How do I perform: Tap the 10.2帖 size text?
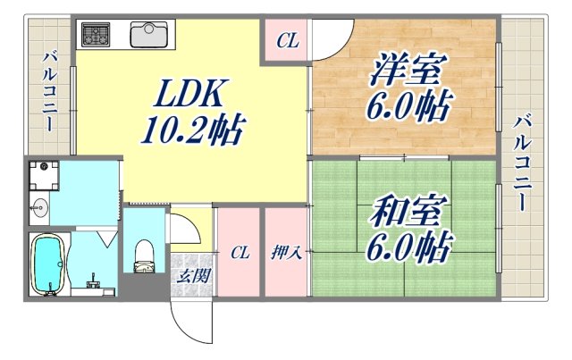192,133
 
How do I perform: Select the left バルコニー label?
47,88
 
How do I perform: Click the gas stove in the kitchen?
96,35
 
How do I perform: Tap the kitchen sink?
148,35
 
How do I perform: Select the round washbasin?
39,211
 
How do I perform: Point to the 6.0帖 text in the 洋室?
406,109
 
